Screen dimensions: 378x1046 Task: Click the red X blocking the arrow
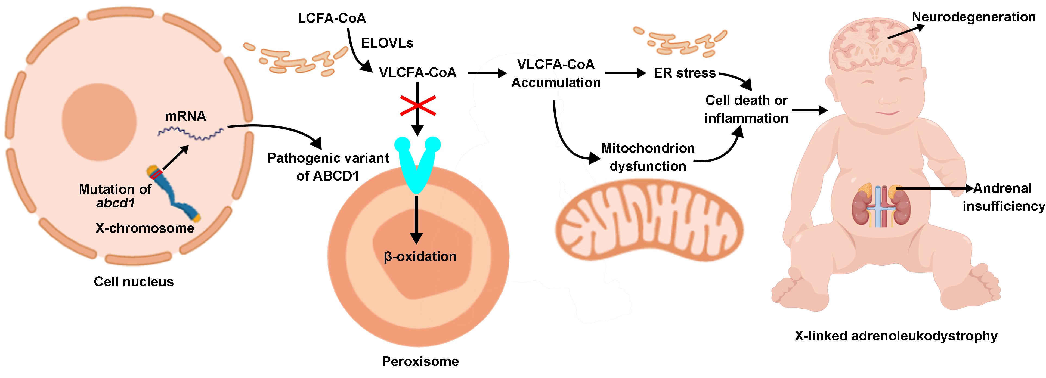418,106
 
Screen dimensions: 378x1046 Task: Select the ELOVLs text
387,43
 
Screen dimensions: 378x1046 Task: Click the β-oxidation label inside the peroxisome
420,257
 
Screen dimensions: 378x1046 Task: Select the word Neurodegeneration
974,17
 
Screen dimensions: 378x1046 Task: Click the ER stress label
685,73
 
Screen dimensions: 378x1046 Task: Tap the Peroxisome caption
420,361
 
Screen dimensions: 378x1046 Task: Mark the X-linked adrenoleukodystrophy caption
896,336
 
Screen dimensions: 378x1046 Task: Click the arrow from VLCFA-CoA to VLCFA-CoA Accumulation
487,73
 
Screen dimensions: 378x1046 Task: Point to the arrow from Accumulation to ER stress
625,73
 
